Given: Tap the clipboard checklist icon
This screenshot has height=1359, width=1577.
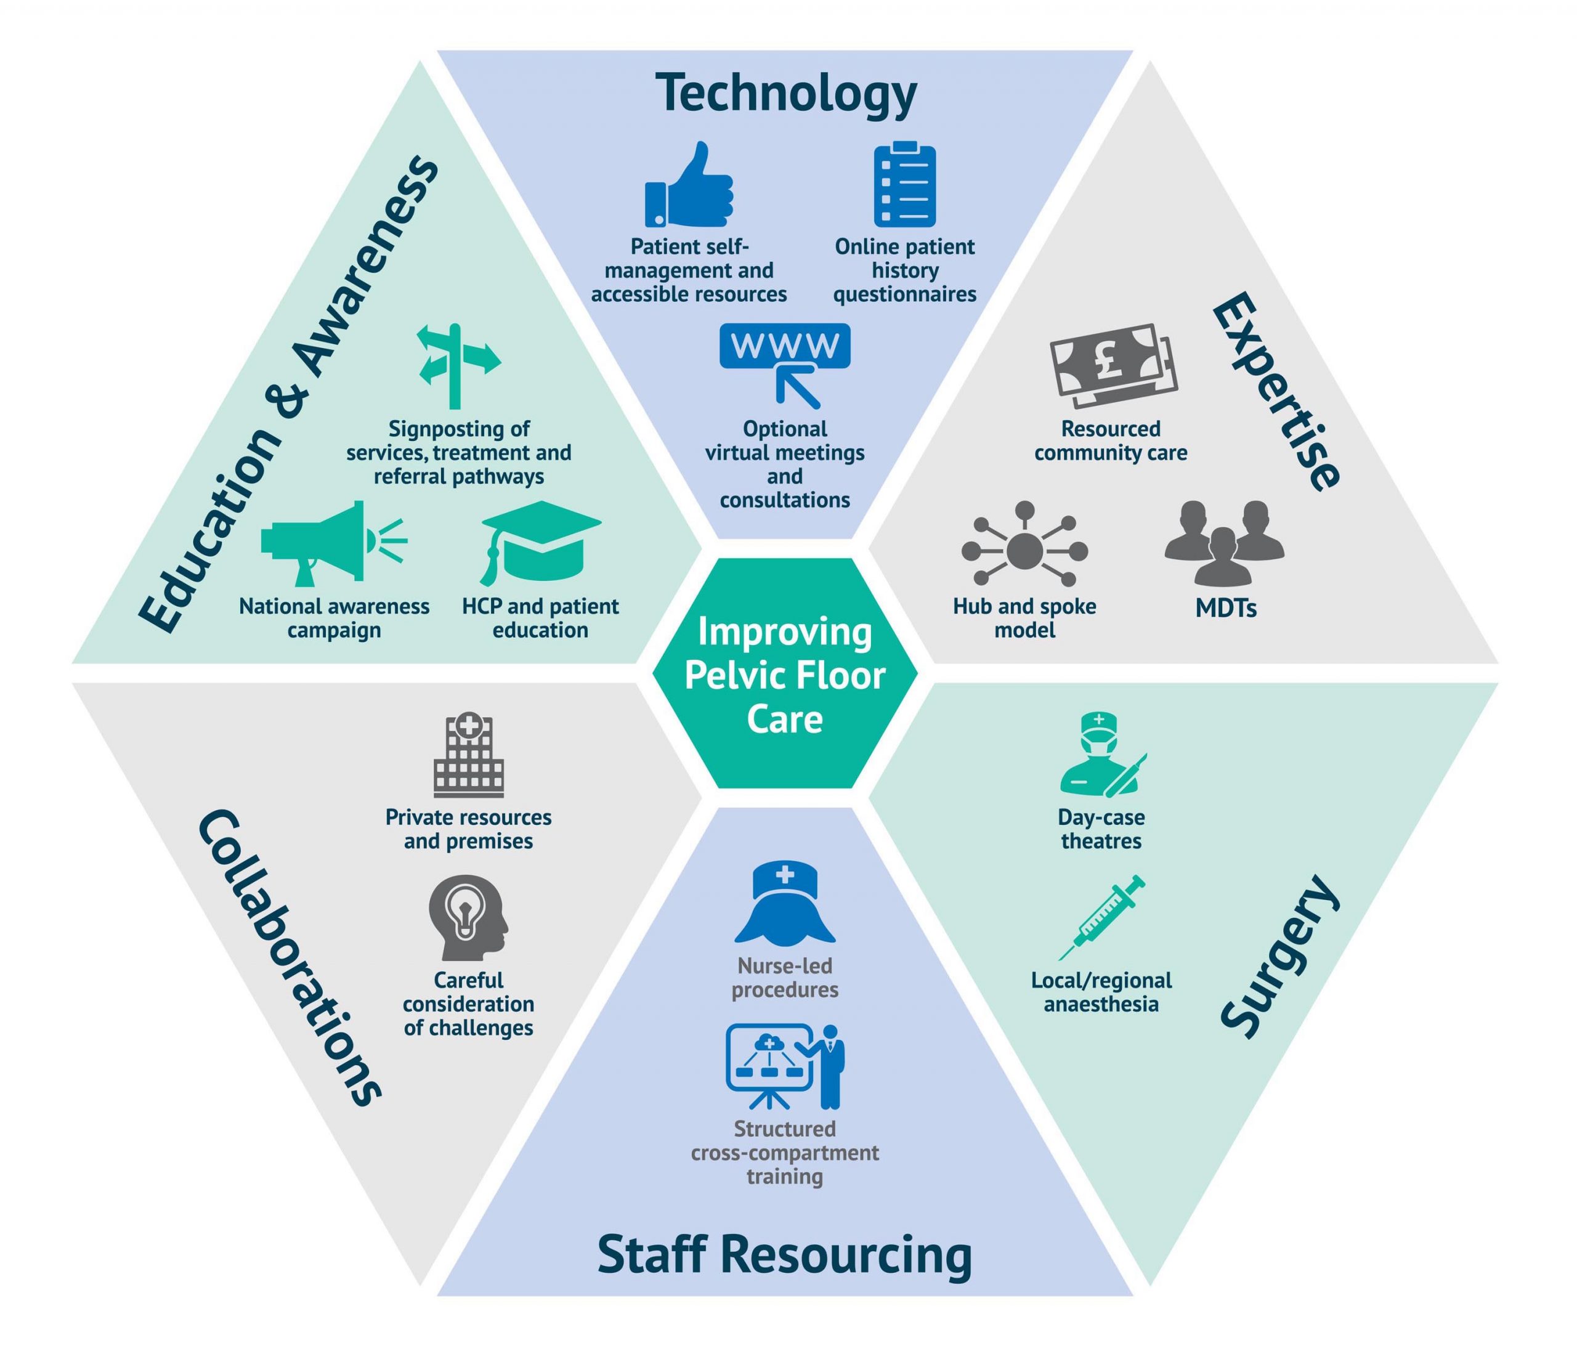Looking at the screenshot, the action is click(905, 184).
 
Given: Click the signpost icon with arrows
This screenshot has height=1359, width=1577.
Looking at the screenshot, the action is click(458, 366).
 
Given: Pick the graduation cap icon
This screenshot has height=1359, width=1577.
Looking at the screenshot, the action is click(541, 543).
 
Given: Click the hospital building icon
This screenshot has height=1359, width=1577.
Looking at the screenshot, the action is click(469, 755).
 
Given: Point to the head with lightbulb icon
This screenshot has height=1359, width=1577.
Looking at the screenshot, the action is click(468, 917).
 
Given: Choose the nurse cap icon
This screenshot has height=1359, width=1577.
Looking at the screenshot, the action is click(785, 902).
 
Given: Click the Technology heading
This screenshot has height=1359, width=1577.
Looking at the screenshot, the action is click(786, 93).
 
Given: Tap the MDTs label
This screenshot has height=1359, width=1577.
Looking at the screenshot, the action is click(1225, 607).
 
